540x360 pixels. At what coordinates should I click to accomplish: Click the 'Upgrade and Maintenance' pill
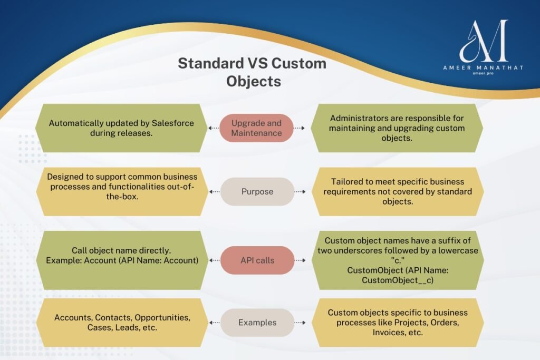pyautogui.click(x=256, y=128)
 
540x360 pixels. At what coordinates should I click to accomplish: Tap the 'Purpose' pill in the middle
pyautogui.click(x=257, y=192)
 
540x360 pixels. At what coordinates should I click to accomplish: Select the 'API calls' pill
pyautogui.click(x=257, y=260)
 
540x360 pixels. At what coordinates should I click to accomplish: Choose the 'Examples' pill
pyautogui.click(x=257, y=323)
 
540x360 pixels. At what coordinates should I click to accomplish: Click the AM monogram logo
pyautogui.click(x=484, y=41)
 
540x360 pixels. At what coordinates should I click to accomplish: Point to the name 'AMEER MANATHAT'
pyautogui.click(x=483, y=67)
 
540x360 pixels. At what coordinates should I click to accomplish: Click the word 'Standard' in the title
pyautogui.click(x=211, y=63)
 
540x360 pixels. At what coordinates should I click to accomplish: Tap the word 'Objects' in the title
pyautogui.click(x=254, y=81)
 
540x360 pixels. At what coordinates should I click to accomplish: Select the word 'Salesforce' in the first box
pyautogui.click(x=172, y=123)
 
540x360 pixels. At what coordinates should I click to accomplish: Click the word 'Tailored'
pyautogui.click(x=346, y=182)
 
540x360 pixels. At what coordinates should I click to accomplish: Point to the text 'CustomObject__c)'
pyautogui.click(x=398, y=280)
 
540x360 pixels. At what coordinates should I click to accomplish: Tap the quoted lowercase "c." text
pyautogui.click(x=398, y=260)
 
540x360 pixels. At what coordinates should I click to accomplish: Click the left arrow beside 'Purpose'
pyautogui.click(x=215, y=192)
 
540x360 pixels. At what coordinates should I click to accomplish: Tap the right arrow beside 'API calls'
pyautogui.click(x=300, y=260)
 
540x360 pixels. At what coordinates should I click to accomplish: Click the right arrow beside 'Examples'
pyautogui.click(x=300, y=323)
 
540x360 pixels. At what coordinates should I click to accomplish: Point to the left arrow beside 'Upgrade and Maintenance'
pyautogui.click(x=214, y=128)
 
